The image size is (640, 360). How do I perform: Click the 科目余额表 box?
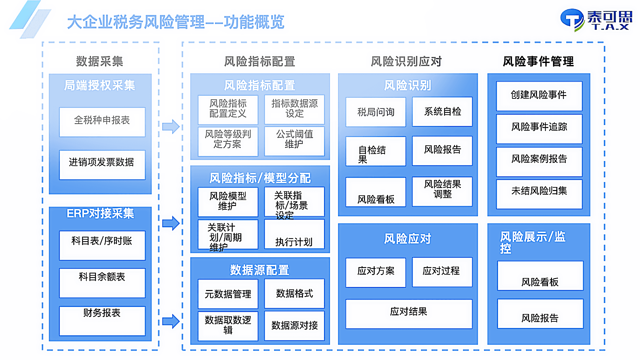click(x=102, y=282)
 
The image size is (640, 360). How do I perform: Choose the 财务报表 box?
click(x=102, y=320)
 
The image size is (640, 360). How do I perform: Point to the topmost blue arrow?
click(x=171, y=127)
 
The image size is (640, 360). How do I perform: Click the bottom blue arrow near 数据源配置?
click(x=171, y=321)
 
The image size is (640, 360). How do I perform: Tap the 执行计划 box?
click(x=294, y=234)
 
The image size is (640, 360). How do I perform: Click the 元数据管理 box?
click(x=228, y=294)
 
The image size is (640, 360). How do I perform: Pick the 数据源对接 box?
click(x=294, y=325)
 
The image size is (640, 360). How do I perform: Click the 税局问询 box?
click(x=376, y=112)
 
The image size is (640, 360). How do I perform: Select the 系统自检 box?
click(x=442, y=112)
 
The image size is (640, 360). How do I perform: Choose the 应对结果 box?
click(x=409, y=313)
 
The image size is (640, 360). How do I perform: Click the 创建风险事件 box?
click(x=539, y=96)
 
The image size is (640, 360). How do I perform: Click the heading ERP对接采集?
click(x=100, y=213)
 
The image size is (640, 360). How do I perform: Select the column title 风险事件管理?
click(x=538, y=61)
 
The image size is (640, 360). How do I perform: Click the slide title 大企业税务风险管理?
click(x=175, y=22)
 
